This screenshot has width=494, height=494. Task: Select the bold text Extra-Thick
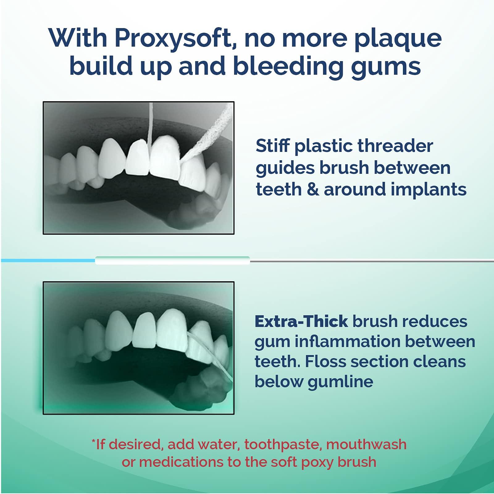[x=301, y=321]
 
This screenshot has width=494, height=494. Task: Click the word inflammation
[x=347, y=342]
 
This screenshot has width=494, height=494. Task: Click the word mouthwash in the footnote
[x=366, y=445]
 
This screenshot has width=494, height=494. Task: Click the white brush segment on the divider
[x=172, y=261]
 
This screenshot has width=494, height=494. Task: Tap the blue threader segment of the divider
[x=48, y=261]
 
